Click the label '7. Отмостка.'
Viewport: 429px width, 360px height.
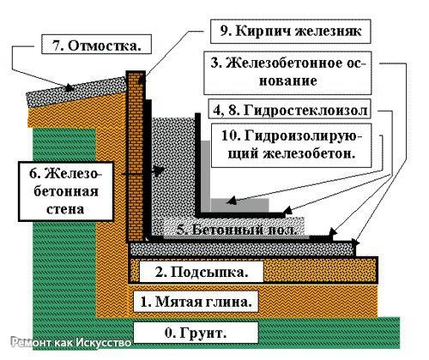[96, 45]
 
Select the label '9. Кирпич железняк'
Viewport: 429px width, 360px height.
[291, 31]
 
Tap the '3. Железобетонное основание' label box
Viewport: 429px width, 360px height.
[287, 73]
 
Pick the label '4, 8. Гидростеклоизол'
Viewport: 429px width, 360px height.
[289, 109]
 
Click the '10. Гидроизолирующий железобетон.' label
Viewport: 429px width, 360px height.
[291, 145]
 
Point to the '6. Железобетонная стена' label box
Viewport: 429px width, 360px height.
[65, 191]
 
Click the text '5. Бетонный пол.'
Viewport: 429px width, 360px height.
[236, 230]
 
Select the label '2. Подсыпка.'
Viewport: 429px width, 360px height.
[202, 272]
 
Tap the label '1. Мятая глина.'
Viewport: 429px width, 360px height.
[196, 302]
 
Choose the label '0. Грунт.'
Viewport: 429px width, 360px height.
[196, 333]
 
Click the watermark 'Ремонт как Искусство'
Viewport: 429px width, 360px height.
[71, 342]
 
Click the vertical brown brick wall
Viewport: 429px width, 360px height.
[136, 157]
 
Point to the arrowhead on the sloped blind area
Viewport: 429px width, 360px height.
[69, 87]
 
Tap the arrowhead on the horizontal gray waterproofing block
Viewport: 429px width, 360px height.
[232, 201]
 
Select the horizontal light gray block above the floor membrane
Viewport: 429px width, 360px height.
[239, 205]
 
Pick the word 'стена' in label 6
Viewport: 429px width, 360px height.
[65, 209]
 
